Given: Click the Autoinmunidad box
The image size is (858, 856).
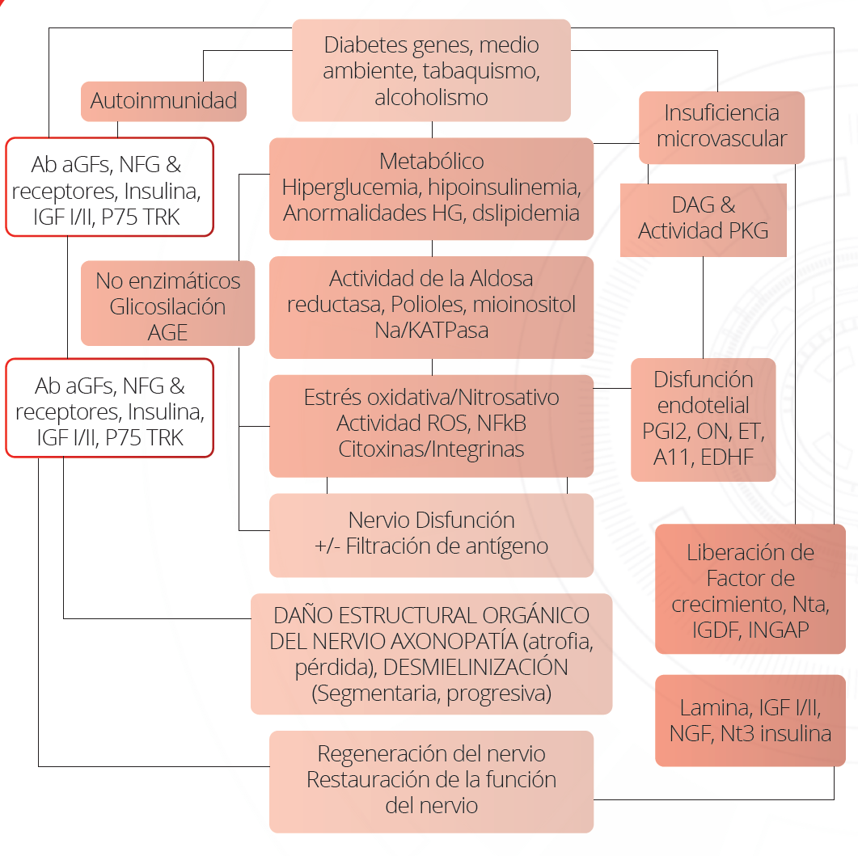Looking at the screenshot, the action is [x=163, y=101].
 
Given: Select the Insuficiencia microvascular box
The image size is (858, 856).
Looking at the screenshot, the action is [x=722, y=128].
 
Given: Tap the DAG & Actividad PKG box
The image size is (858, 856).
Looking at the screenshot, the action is [x=704, y=220].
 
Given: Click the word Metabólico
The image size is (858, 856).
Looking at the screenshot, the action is [x=431, y=162].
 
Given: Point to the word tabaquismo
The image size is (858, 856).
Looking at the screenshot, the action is [x=481, y=72].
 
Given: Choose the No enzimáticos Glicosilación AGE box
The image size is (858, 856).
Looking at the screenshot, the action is [x=168, y=303].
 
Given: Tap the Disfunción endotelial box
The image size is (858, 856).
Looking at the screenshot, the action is [x=704, y=420].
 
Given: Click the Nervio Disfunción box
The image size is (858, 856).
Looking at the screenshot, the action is [x=431, y=535].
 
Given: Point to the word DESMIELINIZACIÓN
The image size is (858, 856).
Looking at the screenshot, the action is [x=475, y=668].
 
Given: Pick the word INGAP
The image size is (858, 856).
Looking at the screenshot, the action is [x=778, y=630].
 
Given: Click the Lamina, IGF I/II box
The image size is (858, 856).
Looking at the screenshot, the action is [x=750, y=720].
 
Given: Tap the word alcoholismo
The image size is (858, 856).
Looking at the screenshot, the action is [x=431, y=97].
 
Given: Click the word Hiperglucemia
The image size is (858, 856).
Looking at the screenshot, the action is [x=350, y=188].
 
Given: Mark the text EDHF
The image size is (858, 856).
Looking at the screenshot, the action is [x=727, y=458].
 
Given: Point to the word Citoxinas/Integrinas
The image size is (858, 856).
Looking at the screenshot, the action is [x=431, y=449].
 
